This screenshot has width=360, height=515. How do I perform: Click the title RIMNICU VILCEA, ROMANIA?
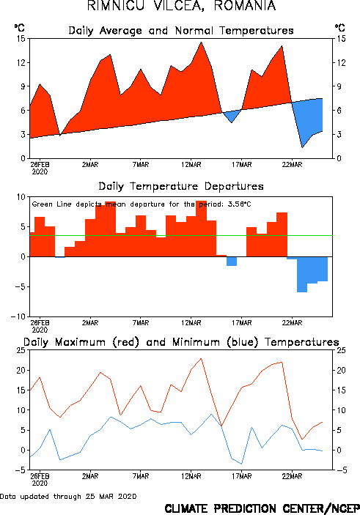point(182,6)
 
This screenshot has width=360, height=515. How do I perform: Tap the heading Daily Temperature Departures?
point(181,186)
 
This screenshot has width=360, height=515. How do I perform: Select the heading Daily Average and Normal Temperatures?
point(181,31)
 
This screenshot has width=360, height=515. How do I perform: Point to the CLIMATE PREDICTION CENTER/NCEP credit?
point(262,508)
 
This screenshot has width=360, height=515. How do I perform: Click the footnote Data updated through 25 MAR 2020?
point(68,496)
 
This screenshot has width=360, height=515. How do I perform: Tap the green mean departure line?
point(181,235)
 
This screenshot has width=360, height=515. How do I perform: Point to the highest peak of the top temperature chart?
point(201,42)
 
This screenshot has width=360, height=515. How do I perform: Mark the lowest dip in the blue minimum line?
point(242,464)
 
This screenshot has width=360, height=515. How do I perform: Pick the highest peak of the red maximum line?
point(201,358)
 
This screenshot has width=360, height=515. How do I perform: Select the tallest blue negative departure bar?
point(302,275)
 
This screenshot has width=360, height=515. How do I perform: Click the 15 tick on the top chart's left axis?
point(21,38)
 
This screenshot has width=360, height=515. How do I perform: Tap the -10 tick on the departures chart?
point(18,316)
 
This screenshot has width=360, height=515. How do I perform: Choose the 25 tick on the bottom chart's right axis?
point(341,350)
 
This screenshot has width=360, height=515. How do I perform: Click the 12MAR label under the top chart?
point(191,165)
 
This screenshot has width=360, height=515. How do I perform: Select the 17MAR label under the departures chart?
point(242,323)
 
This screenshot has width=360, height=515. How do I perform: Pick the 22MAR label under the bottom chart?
point(292,476)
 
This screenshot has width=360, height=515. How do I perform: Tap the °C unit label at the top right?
point(340,28)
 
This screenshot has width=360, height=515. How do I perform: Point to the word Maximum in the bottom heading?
point(80,342)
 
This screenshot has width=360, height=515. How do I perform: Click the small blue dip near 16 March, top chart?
point(232,116)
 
